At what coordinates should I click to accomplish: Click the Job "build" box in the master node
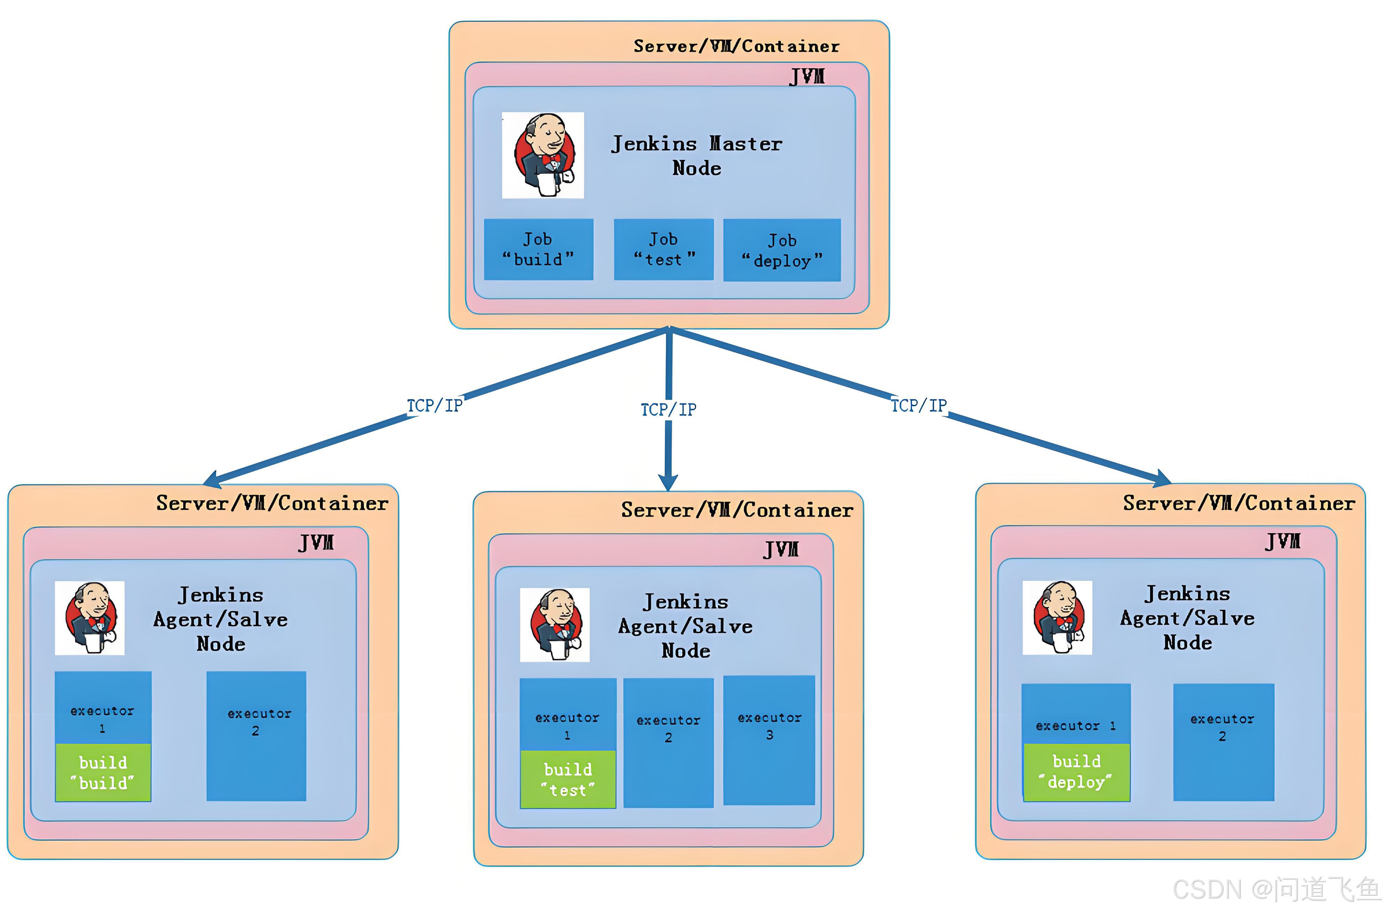point(538,250)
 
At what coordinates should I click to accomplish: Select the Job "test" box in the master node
point(663,250)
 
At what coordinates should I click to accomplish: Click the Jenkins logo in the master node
point(543,155)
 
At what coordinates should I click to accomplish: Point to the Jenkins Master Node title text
point(697,155)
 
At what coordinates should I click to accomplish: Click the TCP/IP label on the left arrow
point(434,406)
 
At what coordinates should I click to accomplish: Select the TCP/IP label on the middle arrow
point(668,409)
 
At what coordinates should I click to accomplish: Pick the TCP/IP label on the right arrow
point(919,406)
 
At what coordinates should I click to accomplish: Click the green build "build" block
point(103,772)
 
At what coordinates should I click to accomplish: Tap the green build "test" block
point(567,779)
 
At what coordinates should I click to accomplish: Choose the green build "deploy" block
point(1076,772)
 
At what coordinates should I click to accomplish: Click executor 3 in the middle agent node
point(769,740)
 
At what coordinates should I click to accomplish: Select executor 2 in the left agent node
point(257,736)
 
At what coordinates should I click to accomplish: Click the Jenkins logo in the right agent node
point(1057,618)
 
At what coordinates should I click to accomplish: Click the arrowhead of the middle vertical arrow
point(668,482)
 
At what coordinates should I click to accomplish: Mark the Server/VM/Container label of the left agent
point(272,503)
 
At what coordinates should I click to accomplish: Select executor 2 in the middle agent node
point(668,743)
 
